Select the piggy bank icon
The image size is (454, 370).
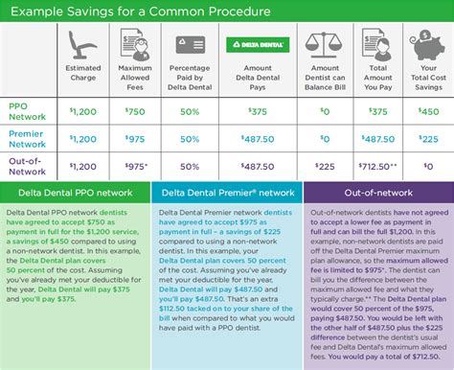[424, 45]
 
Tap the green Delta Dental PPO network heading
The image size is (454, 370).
[79, 193]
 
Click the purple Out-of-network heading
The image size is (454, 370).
[377, 193]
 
